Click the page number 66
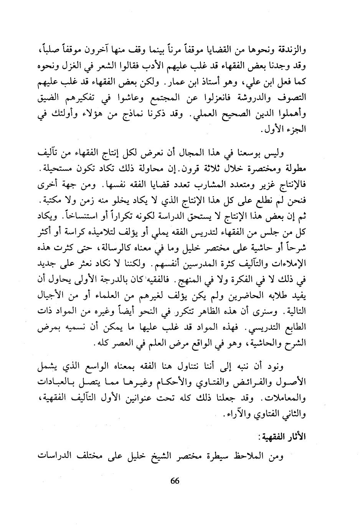[175, 481]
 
